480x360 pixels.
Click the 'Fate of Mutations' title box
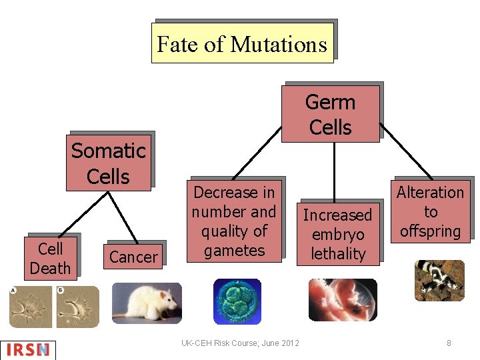point(242,43)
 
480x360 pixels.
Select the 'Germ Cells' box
point(330,114)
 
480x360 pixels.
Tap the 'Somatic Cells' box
point(108,163)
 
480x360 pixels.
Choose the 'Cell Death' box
point(50,258)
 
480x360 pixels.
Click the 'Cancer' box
point(133,257)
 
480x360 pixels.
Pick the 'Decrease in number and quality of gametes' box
point(234,221)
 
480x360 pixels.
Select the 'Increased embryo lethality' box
point(338,234)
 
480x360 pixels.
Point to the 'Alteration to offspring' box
point(430,212)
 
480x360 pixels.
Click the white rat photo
point(146,301)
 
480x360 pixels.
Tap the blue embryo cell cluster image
point(237,301)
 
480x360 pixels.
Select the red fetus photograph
point(342,300)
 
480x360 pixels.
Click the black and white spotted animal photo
point(439,280)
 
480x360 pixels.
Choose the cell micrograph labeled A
point(29,306)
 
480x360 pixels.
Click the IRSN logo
point(28,349)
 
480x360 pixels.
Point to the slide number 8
point(449,343)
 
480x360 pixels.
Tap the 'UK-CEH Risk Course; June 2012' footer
point(240,343)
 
